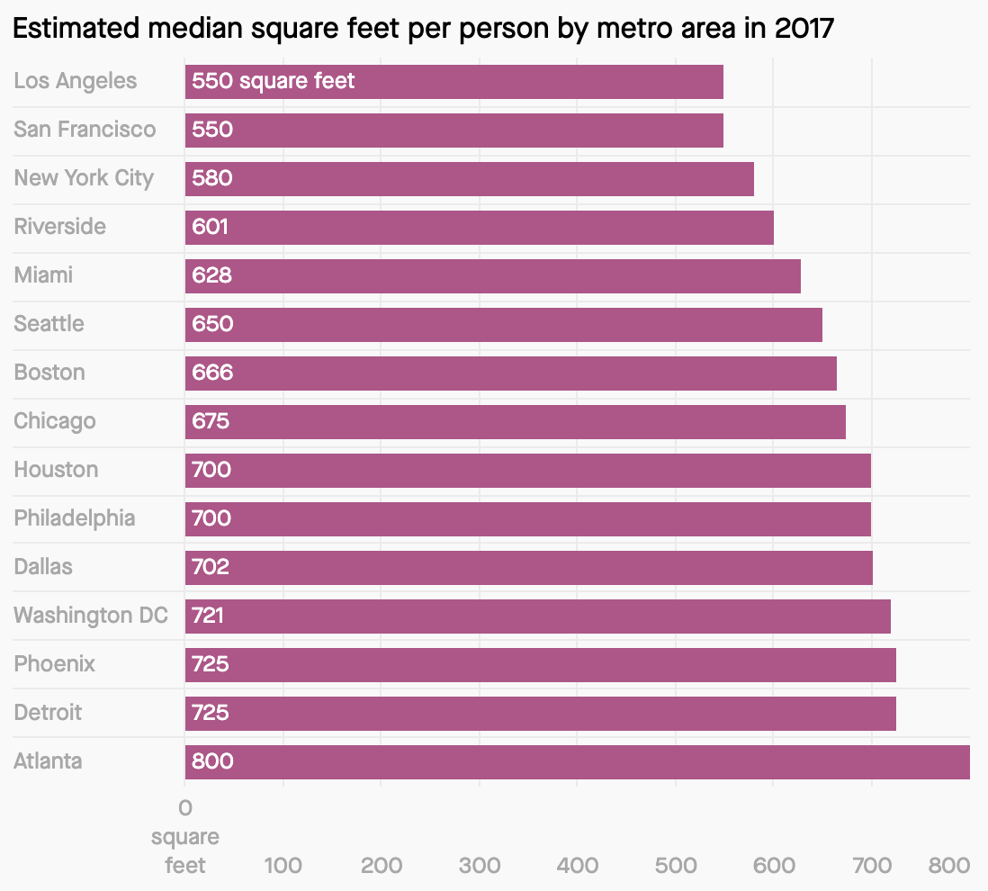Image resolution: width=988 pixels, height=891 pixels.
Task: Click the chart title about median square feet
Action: click(424, 29)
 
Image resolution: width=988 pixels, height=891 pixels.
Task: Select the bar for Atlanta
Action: click(577, 762)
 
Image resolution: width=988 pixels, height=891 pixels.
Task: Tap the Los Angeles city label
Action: click(76, 81)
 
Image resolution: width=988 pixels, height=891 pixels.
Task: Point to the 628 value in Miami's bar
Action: click(212, 275)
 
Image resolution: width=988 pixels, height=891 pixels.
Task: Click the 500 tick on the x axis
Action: click(676, 866)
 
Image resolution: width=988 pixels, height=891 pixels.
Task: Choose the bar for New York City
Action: click(469, 179)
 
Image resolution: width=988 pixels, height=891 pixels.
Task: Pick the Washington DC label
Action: click(91, 616)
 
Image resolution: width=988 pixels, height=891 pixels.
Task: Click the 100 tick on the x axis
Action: click(283, 866)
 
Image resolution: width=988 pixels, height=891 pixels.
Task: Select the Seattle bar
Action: click(503, 325)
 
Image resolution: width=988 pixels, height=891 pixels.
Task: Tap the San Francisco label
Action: click(85, 130)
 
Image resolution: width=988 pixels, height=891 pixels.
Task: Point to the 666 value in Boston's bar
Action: click(212, 373)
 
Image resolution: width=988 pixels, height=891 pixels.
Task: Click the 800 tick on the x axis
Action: click(949, 866)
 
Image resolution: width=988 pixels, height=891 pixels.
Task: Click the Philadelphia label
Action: click(75, 518)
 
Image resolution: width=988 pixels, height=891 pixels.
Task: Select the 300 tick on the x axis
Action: click(480, 866)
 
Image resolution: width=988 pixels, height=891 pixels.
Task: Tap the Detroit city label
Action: click(48, 713)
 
